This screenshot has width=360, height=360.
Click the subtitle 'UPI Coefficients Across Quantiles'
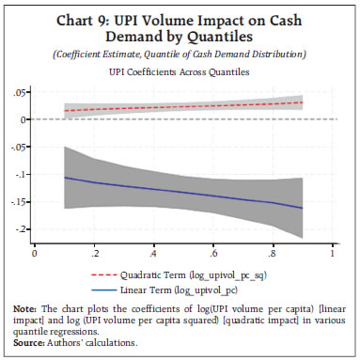pyautogui.click(x=179, y=70)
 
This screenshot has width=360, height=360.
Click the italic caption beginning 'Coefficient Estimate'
pyautogui.click(x=180, y=54)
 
